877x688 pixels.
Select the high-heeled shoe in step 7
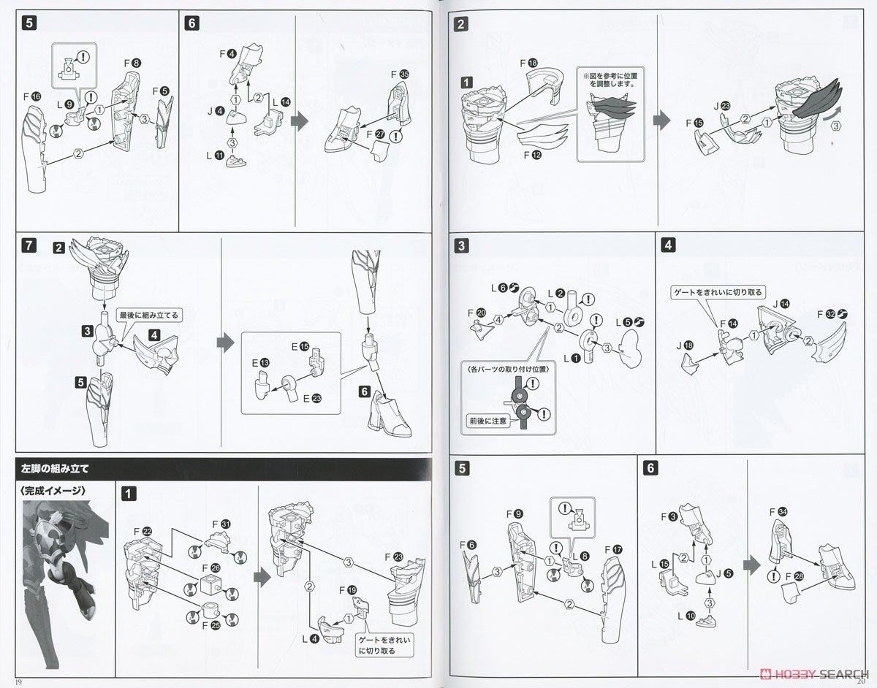pos(386,414)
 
